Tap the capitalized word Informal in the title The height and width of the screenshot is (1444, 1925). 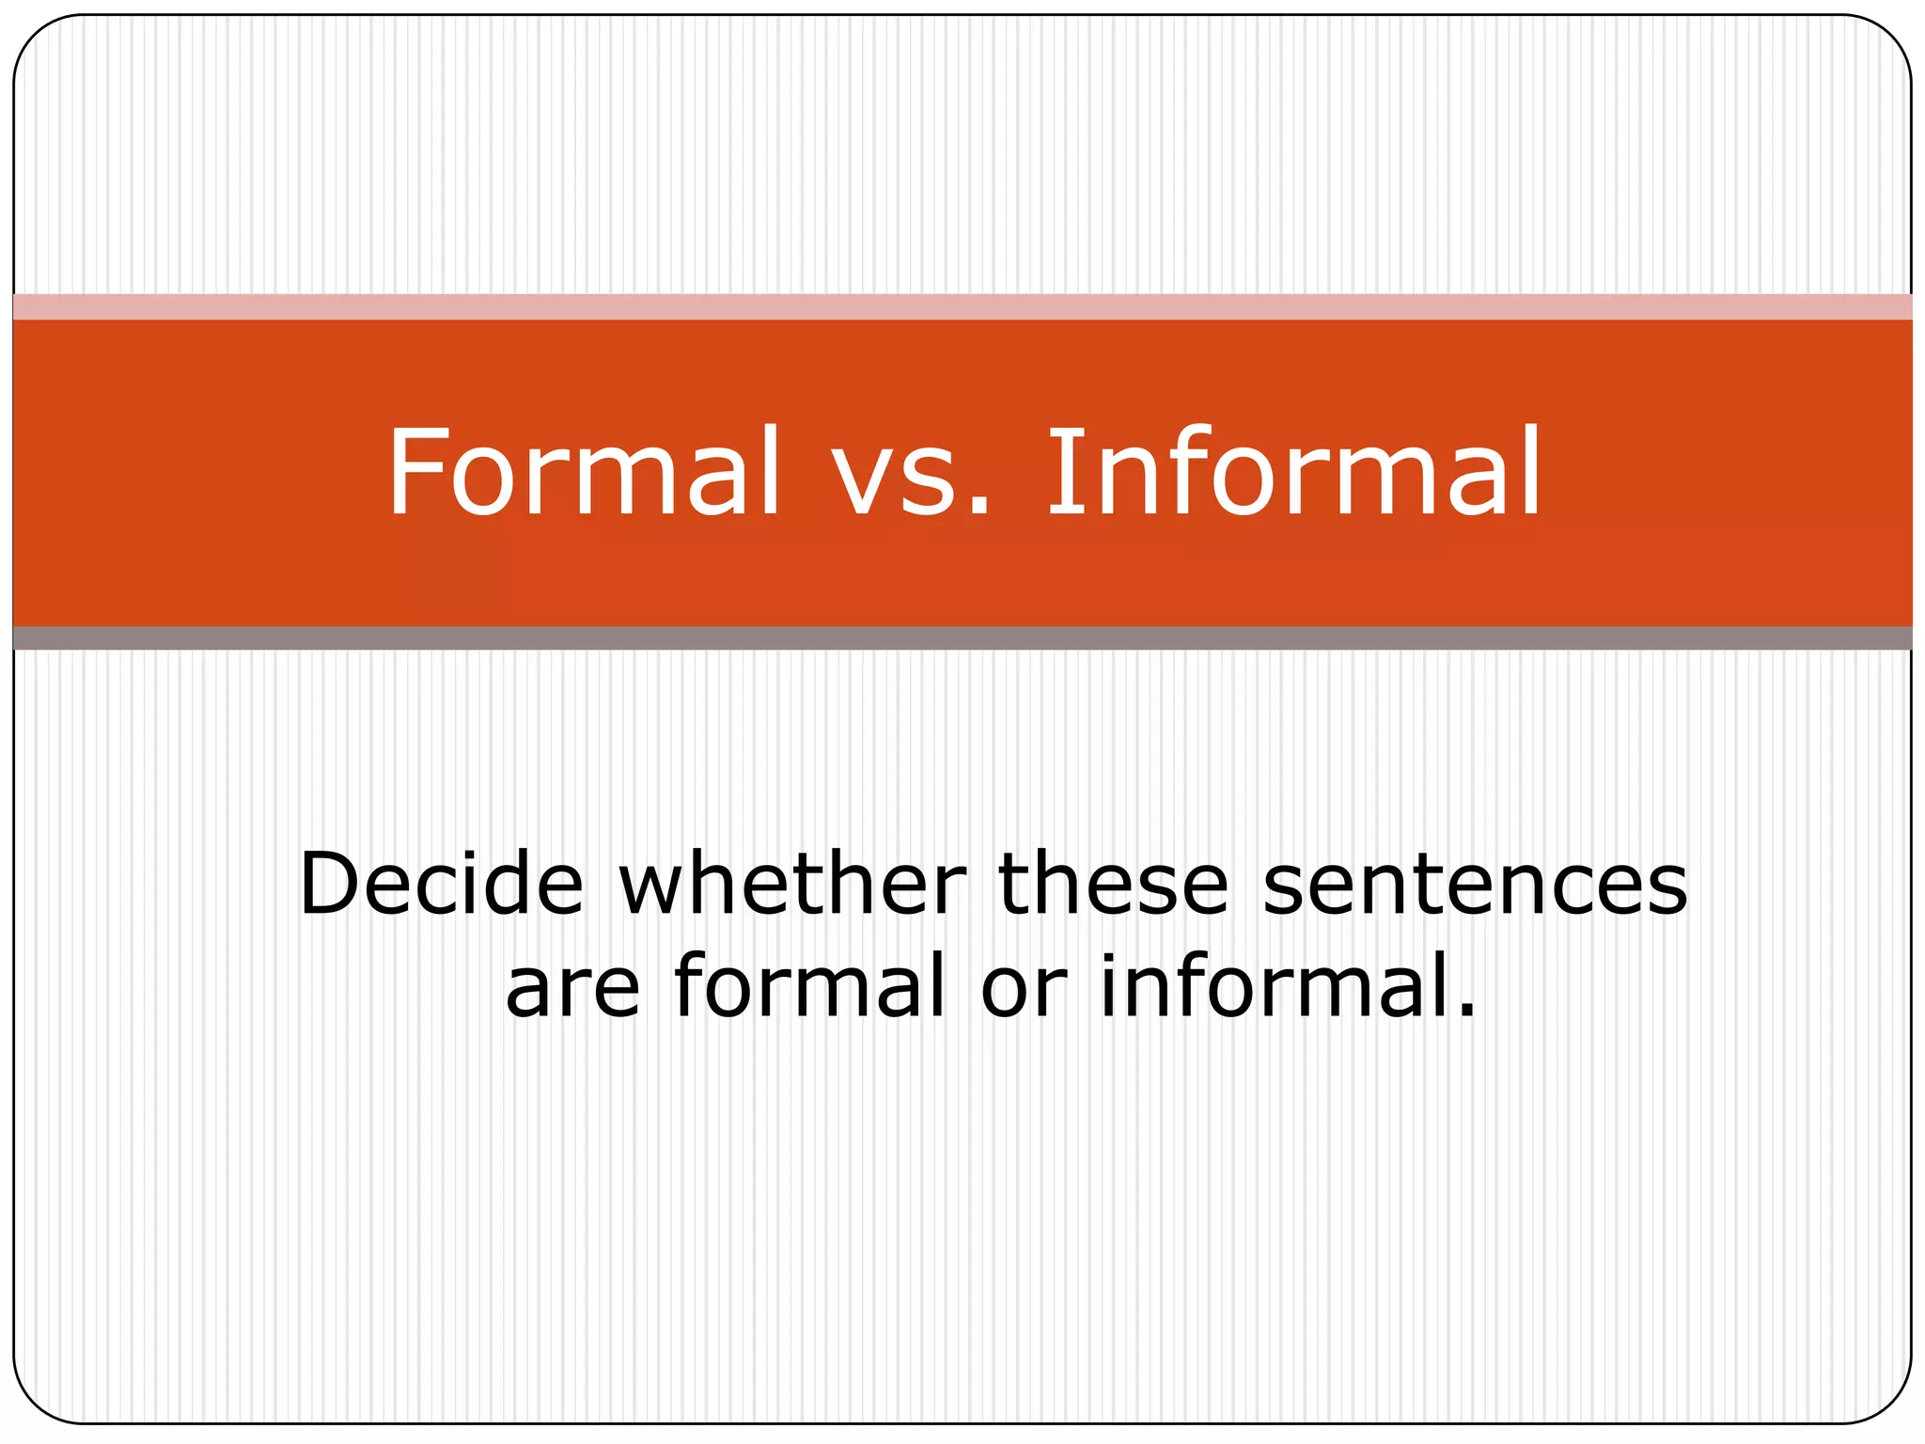1293,472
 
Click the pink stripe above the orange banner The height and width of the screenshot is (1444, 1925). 962,307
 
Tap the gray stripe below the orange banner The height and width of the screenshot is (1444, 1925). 962,637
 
